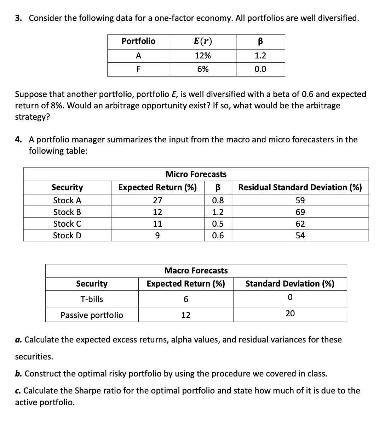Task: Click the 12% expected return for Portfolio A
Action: pos(203,56)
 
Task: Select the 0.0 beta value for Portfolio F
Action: pos(260,69)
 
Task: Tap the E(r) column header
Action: pos(203,41)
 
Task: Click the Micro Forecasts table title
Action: pos(196,174)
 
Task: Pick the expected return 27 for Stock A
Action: pos(157,200)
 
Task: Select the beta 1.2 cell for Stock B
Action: pos(218,212)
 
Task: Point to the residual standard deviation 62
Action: pos(300,224)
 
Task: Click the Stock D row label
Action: pos(67,236)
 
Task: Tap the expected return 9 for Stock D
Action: pos(157,236)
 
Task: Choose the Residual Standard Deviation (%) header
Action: pos(300,187)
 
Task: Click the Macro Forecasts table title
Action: pos(196,271)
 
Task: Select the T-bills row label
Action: pos(92,299)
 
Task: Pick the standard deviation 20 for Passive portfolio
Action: pos(290,313)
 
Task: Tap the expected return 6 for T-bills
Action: pos(186,299)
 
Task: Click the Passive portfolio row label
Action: pos(92,315)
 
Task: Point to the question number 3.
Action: pos(18,18)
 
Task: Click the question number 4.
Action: pos(18,140)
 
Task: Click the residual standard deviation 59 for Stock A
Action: pos(300,200)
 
